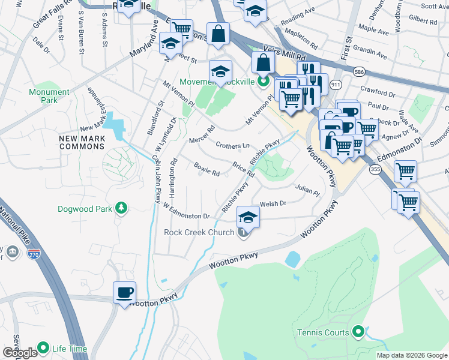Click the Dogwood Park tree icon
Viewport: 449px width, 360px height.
122,208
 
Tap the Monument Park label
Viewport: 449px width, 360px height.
49,96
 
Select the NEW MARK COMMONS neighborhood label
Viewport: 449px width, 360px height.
82,143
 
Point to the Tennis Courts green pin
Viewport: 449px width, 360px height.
359,331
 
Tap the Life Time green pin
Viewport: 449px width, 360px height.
43,347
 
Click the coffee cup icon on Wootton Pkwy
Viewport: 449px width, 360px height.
124,293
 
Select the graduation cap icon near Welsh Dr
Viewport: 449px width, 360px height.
248,217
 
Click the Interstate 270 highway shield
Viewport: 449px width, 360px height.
34,255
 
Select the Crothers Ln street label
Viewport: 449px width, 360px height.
232,146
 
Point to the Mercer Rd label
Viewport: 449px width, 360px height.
201,134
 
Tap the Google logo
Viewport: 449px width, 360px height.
20,353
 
